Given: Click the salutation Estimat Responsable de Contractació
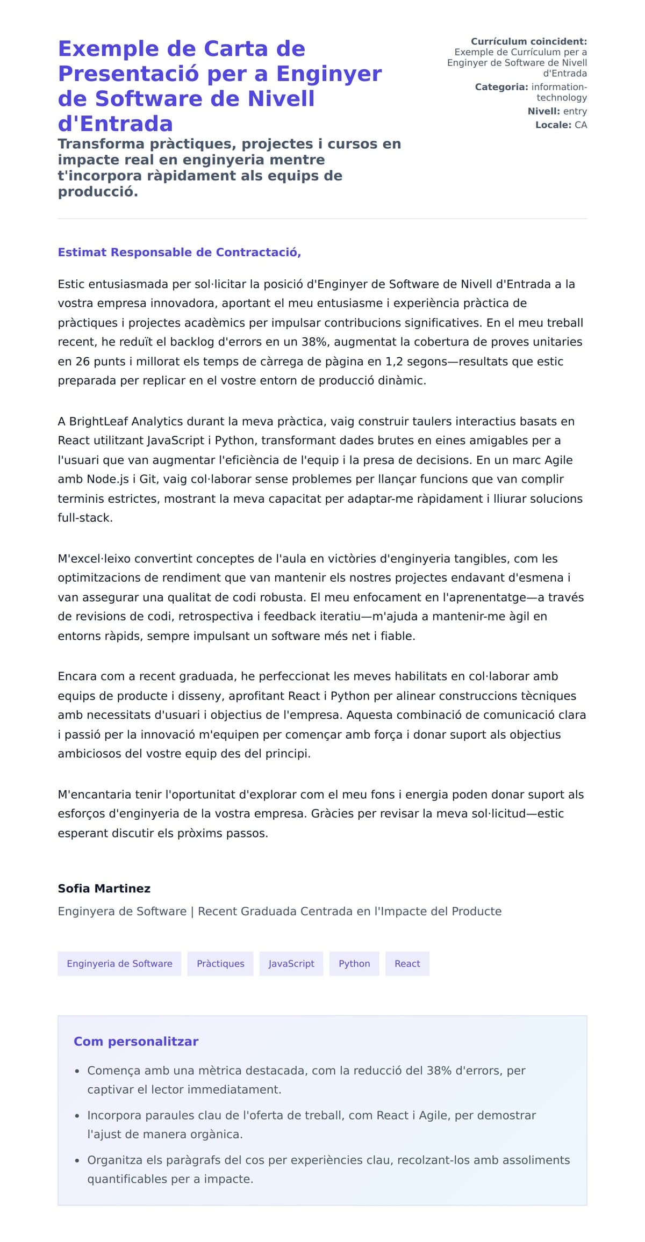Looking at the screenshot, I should (x=179, y=252).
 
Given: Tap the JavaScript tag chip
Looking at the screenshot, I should (x=291, y=964).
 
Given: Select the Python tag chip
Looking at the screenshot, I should (x=354, y=964).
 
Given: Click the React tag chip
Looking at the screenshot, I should (x=407, y=964).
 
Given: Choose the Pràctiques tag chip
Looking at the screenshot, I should (x=220, y=964).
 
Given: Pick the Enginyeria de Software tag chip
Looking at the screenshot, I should (x=119, y=964).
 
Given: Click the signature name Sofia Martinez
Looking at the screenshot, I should (x=104, y=889).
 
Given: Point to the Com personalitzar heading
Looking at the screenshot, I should (x=136, y=1042).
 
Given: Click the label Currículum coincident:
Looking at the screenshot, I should (x=528, y=41).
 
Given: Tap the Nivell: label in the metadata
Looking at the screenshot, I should (x=543, y=111).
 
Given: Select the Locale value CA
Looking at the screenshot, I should (x=580, y=125).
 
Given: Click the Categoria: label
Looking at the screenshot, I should (x=501, y=87).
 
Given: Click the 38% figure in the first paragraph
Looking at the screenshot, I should (x=317, y=342).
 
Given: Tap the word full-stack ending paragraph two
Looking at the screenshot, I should (x=85, y=518).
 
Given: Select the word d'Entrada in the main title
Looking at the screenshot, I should (x=115, y=124).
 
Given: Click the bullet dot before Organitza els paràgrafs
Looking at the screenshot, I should (x=77, y=1161).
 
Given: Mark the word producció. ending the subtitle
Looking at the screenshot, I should (x=98, y=192).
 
